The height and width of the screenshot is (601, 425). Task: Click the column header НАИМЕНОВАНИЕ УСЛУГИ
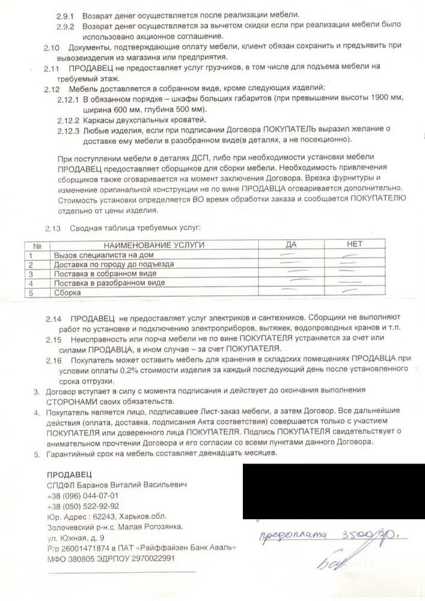(154, 245)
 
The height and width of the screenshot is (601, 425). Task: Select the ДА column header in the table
(292, 245)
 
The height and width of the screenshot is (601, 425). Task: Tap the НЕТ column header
(355, 244)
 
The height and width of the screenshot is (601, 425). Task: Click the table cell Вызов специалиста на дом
(99, 255)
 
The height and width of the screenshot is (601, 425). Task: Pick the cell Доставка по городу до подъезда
(114, 264)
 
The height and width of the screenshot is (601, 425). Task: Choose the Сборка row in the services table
(67, 293)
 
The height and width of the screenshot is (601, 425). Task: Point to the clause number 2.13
(54, 228)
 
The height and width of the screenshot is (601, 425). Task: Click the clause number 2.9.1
(65, 14)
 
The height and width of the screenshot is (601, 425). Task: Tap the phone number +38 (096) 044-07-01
(82, 496)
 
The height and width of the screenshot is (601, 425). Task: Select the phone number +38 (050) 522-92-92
(82, 506)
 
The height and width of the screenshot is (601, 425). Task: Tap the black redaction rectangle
(334, 490)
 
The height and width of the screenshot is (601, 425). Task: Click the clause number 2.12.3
(69, 129)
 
